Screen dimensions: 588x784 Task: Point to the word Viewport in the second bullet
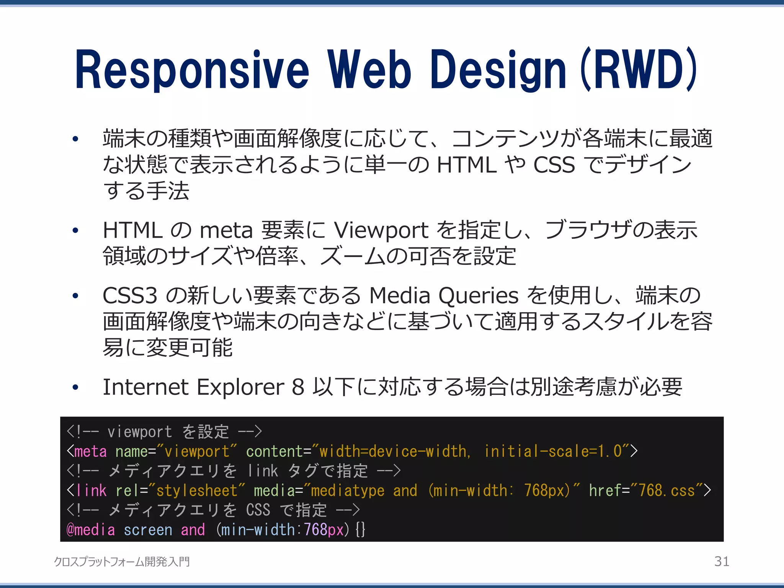(x=381, y=230)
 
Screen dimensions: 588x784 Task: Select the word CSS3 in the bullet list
(x=130, y=296)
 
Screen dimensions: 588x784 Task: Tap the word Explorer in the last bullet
(x=240, y=387)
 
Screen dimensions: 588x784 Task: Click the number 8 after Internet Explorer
(x=298, y=387)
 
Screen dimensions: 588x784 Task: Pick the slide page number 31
(x=722, y=561)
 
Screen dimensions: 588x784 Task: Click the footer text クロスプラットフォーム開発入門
(x=122, y=562)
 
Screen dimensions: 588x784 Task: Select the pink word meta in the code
(x=90, y=451)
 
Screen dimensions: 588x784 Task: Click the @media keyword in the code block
(x=90, y=530)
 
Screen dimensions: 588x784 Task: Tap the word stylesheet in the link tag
(x=197, y=490)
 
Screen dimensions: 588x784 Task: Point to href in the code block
(x=605, y=490)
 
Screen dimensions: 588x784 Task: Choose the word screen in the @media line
(x=148, y=530)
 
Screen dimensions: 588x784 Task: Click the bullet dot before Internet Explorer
(x=75, y=387)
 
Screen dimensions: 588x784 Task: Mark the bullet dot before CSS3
(x=75, y=296)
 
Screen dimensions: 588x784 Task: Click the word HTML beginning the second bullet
(x=132, y=230)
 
